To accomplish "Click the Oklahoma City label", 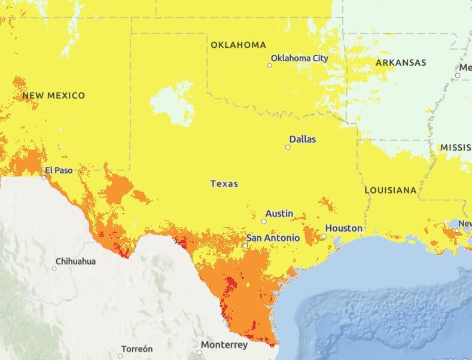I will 300,58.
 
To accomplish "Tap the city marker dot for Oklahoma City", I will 270,65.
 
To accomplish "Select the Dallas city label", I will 303,139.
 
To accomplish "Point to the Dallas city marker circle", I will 288,147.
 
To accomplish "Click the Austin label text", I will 279,213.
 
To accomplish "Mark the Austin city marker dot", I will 264,221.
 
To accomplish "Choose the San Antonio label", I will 273,238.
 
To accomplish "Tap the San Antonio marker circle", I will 245,246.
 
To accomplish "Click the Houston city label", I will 344,228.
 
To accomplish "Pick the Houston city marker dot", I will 324,236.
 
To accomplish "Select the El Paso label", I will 59,170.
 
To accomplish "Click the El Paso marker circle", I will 44,177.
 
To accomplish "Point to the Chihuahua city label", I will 75,261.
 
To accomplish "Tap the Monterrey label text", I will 224,345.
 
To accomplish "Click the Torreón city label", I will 137,349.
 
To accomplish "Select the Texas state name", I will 224,184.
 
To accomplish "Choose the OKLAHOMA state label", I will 238,45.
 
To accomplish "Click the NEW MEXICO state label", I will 54,96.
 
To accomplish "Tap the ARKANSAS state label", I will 401,63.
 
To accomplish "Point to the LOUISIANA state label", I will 391,190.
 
